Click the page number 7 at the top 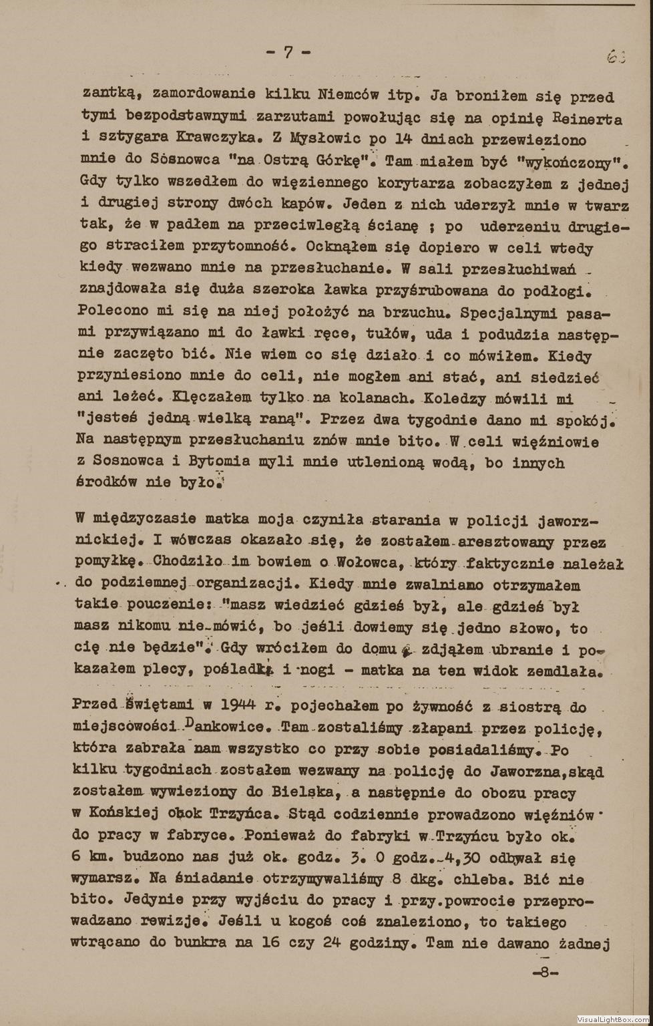[288, 53]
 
